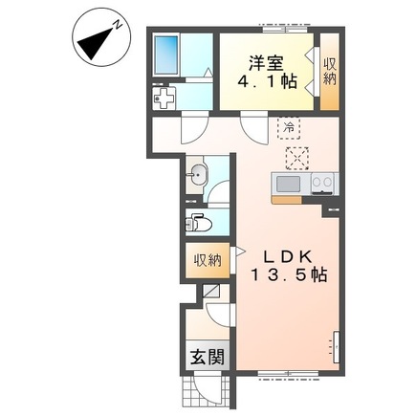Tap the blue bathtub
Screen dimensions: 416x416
tap(165, 55)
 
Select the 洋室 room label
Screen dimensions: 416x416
tap(266, 63)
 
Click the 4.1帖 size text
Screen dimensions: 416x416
tap(267, 81)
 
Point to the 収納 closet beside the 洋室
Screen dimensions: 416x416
tap(330, 72)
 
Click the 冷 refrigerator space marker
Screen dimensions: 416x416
tap(289, 128)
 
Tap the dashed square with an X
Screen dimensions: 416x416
tap(297, 158)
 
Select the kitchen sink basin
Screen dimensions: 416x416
tap(288, 184)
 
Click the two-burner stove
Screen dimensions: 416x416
tap(322, 184)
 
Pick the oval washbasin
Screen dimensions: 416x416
tap(198, 175)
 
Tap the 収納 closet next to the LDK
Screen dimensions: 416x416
tap(208, 261)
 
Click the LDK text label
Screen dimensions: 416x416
tap(286, 256)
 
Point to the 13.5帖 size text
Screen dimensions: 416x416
tap(290, 274)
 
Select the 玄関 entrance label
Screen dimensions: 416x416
tap(208, 357)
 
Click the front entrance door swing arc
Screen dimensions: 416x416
tap(203, 390)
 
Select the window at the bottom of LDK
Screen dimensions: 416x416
tap(288, 374)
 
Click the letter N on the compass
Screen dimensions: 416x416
tap(119, 24)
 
